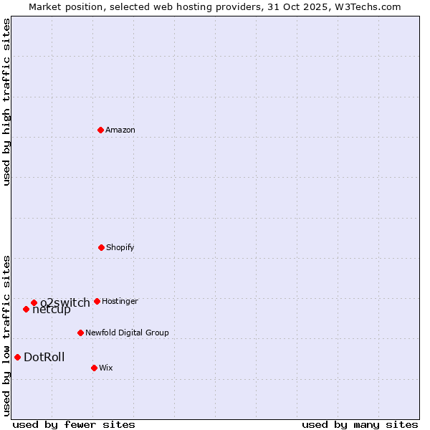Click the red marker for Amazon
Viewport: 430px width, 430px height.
click(101, 130)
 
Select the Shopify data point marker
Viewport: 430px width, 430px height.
click(101, 247)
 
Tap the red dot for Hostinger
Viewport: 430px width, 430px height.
click(97, 301)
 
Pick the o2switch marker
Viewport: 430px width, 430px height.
click(34, 302)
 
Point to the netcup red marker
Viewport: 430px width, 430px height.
click(26, 309)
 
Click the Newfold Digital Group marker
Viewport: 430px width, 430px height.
click(80, 333)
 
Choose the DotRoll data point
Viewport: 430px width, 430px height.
click(17, 357)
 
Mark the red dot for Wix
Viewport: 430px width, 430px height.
click(94, 368)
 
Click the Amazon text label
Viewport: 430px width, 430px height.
click(120, 130)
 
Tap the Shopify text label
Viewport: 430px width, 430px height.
click(120, 247)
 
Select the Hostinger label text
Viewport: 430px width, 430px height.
click(120, 301)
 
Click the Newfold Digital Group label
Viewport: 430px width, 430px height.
click(127, 333)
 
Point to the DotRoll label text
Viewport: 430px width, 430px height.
click(44, 357)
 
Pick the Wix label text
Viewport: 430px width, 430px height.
click(106, 368)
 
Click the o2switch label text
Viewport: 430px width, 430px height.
click(65, 302)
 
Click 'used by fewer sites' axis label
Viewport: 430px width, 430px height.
click(74, 424)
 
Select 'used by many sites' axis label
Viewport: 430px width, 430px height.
click(360, 424)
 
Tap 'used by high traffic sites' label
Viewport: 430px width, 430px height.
click(6, 102)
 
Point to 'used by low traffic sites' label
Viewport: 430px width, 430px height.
click(6, 335)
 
